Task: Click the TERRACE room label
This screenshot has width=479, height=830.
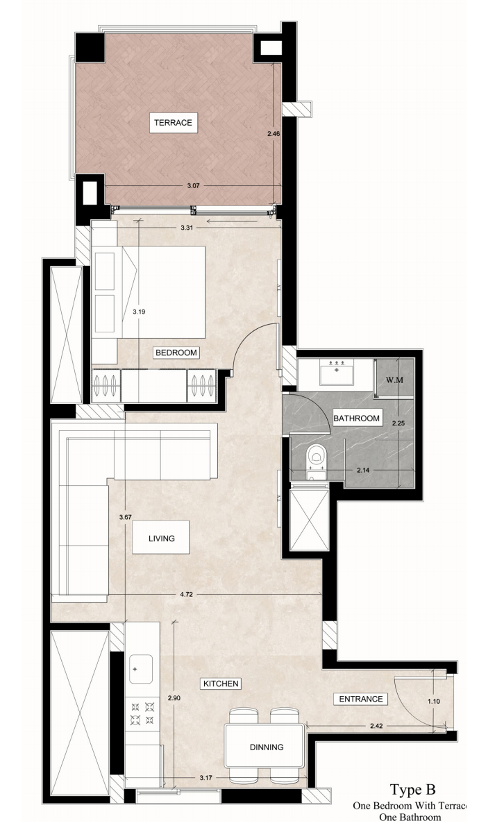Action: pos(173,122)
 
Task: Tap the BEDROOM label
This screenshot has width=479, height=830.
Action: pos(176,353)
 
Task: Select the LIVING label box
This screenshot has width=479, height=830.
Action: pos(161,538)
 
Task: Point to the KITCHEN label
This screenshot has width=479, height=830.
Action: pos(221,684)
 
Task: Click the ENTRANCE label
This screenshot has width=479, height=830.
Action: pos(360,699)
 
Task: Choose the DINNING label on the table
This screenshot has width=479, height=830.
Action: pos(267,747)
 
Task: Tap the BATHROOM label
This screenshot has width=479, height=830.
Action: pos(356,418)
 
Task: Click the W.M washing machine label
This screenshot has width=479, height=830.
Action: pos(393,379)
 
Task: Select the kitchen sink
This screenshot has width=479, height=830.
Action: pos(141,669)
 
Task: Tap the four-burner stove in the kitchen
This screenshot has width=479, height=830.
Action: pos(142,713)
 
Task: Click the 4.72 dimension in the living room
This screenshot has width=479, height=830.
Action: pos(186,595)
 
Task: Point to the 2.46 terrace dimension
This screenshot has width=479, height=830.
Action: pos(274,134)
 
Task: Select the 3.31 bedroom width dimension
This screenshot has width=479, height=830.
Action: pos(186,228)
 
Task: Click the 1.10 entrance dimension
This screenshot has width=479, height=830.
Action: pos(433,702)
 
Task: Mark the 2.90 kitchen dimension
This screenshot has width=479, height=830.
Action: pos(174,698)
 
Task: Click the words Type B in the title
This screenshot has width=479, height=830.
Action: pos(413,790)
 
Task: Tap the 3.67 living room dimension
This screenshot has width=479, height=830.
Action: pos(126,517)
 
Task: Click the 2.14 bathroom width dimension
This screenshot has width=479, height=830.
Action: pos(364,469)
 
